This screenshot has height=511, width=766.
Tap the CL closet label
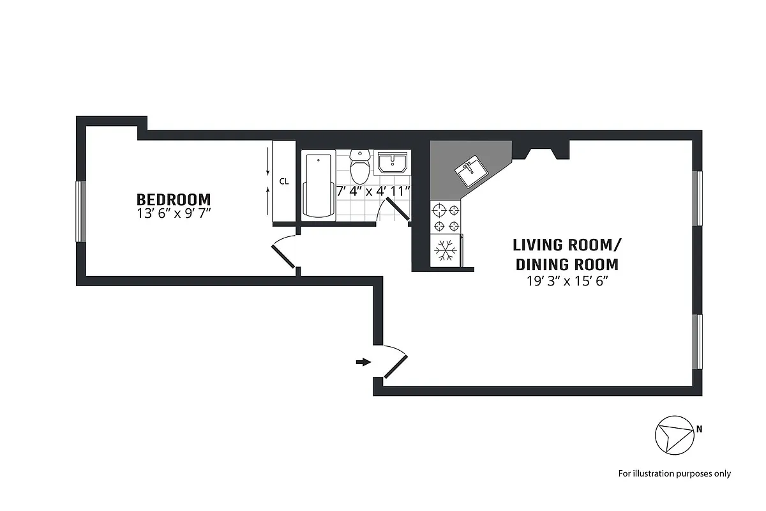(x=283, y=181)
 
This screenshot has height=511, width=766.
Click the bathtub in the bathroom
(x=318, y=186)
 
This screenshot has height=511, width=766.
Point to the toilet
(x=360, y=167)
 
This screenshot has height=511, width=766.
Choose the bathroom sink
(x=392, y=163)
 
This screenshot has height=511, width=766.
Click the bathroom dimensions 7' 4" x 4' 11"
(x=373, y=190)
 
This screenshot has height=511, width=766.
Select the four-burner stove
(x=445, y=217)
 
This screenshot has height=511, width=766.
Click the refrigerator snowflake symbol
(x=445, y=250)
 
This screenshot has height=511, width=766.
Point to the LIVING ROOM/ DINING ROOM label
(x=567, y=254)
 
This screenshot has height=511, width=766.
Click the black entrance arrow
(x=363, y=362)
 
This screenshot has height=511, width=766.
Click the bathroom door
(x=398, y=210)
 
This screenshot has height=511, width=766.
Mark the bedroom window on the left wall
(x=81, y=211)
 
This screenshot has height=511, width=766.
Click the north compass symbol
(x=673, y=437)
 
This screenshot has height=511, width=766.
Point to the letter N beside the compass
(x=699, y=429)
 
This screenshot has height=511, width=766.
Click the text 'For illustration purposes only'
(x=674, y=473)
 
